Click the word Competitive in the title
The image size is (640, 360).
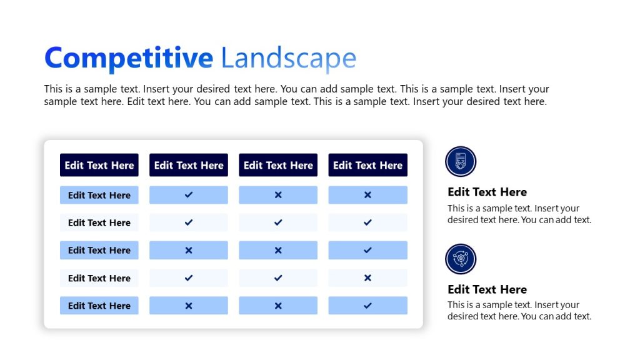coord(129,58)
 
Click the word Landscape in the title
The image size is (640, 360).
coord(288,58)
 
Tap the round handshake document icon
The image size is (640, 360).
coord(461,161)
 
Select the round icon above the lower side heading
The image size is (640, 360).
coord(461,259)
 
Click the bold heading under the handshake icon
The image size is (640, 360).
coord(487,192)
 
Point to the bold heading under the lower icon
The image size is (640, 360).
coord(487,289)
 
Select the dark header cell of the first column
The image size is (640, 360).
coord(99,165)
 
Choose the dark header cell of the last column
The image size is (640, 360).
coord(367,165)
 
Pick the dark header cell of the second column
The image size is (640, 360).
coord(189,165)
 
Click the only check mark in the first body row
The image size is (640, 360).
coord(189,195)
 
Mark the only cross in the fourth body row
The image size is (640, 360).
coord(367,278)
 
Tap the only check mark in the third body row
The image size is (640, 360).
coord(367,250)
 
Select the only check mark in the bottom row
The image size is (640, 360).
coord(367,306)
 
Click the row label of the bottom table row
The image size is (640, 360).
coord(99,306)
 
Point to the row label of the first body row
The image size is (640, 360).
coord(99,195)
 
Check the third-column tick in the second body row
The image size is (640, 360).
coord(278,222)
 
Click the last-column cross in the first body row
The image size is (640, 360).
coord(367,195)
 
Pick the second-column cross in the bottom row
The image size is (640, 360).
coord(189,306)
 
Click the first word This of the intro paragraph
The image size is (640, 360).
coord(54,89)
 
